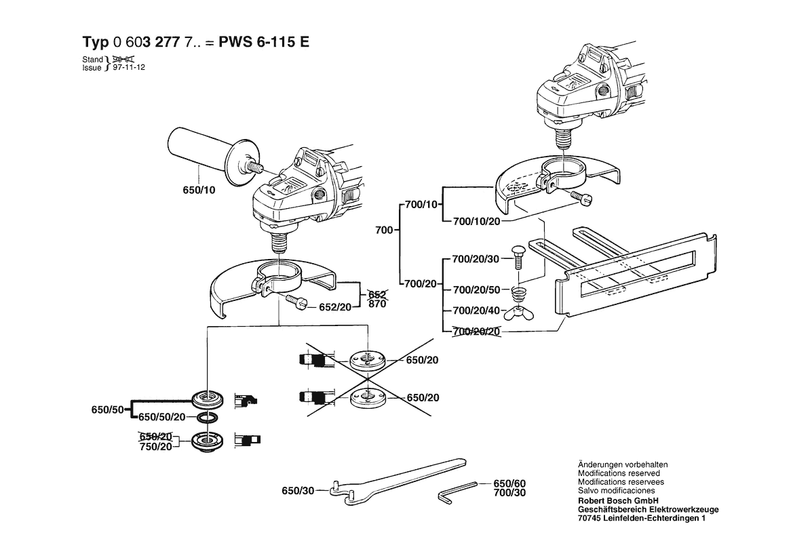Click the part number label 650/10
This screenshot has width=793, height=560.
pyautogui.click(x=199, y=191)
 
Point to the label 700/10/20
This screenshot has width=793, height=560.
pyautogui.click(x=476, y=221)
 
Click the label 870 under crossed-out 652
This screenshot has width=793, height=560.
pyautogui.click(x=377, y=304)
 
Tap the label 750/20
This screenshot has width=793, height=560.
pyautogui.click(x=155, y=447)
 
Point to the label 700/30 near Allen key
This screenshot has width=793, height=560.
pyautogui.click(x=509, y=492)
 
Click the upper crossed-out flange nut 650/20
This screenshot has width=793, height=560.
pyautogui.click(x=367, y=359)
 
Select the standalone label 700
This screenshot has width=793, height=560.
pyautogui.click(x=384, y=231)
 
